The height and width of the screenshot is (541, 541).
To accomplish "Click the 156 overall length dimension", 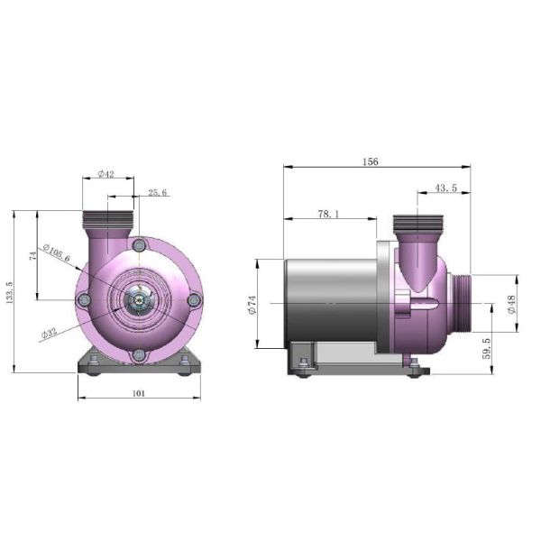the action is [371, 161].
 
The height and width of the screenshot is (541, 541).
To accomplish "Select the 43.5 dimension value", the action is [445, 188].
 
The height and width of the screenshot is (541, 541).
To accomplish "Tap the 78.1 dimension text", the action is [328, 215].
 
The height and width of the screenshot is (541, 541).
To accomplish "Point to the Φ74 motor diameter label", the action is [252, 305].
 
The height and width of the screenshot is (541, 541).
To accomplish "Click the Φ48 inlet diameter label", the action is [511, 305].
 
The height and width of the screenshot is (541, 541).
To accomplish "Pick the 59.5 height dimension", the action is [486, 348].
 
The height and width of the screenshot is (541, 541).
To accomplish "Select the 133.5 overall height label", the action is [9, 292].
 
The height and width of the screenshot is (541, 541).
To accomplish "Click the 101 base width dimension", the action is [139, 393].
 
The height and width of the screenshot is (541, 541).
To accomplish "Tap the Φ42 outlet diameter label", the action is [105, 174].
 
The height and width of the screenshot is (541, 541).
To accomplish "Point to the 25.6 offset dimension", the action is [158, 193].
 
